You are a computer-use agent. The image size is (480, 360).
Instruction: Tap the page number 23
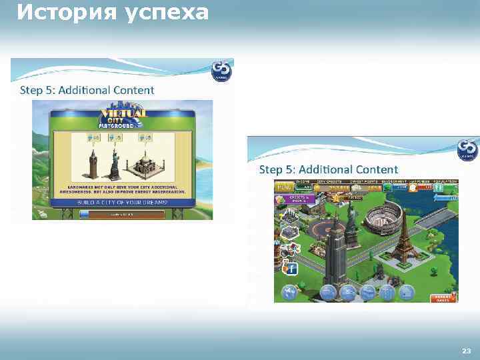point(466,350)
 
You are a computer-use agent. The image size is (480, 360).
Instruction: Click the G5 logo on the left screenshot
point(221,71)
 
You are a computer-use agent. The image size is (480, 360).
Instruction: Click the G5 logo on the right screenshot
point(467,149)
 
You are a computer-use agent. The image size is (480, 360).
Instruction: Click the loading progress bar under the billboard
point(121,214)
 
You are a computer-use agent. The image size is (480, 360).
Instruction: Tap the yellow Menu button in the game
point(285,189)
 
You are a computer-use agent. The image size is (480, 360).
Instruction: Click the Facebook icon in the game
point(291,269)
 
